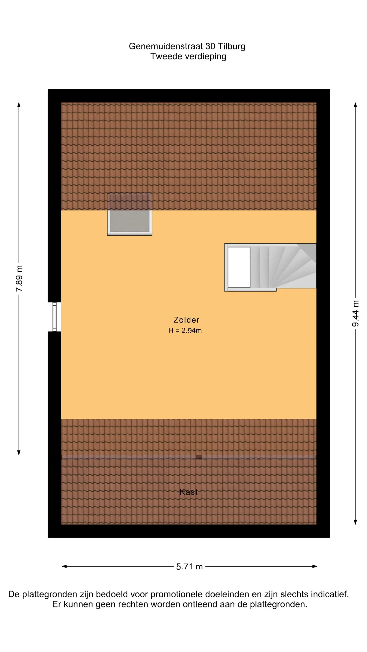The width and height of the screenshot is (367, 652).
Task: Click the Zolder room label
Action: tap(186, 320)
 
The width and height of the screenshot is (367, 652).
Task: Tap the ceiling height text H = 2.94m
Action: tap(185, 331)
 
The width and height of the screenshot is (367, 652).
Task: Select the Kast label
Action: tap(189, 492)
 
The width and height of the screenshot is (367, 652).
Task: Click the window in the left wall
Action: tap(54, 317)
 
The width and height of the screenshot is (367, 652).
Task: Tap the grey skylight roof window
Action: tap(129, 214)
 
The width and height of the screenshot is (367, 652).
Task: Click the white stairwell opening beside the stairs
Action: tap(239, 267)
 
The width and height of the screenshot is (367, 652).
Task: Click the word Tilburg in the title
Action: tap(232, 46)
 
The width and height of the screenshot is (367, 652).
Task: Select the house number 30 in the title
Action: tap(210, 46)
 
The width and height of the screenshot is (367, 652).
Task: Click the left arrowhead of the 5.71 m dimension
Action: tap(64, 566)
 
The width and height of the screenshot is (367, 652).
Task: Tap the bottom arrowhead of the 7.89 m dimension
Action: tap(19, 452)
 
